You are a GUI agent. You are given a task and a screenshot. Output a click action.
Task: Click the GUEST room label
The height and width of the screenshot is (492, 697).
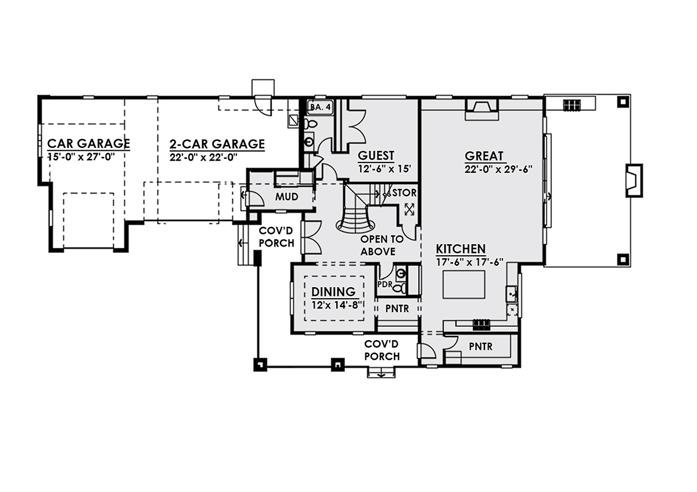376,155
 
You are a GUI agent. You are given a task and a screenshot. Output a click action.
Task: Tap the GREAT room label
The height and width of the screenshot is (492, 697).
484,155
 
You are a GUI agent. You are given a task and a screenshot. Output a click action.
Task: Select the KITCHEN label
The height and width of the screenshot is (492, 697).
461,249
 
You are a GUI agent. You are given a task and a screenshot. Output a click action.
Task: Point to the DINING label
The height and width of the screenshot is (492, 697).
333,291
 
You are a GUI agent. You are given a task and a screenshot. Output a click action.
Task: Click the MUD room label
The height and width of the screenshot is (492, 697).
286,197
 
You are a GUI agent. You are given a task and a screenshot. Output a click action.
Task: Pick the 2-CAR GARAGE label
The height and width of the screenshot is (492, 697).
217,144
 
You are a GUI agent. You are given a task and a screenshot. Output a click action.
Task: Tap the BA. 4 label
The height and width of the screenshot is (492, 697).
320,107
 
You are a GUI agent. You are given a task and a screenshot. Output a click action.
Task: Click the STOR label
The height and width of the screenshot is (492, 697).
404,193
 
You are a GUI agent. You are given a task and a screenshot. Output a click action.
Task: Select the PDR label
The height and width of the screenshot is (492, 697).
385,284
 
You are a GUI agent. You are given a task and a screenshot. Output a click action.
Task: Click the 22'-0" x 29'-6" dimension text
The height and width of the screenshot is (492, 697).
498,169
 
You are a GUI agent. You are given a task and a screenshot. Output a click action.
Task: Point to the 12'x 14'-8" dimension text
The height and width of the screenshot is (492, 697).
337,305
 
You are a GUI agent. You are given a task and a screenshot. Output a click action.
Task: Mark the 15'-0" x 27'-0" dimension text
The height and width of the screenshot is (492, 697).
81,157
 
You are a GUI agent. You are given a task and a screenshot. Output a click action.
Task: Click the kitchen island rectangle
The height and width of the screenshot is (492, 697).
464,284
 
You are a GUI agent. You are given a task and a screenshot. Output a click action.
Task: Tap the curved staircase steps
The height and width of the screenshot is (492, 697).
355,219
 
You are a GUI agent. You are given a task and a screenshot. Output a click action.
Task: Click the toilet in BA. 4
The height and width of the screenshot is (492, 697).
310,124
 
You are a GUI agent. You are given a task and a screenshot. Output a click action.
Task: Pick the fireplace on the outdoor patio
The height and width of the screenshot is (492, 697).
634,180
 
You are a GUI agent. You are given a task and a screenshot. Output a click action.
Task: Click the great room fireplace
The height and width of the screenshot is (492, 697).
482,110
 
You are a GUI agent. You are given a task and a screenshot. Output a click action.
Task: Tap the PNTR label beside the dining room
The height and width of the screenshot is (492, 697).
397,308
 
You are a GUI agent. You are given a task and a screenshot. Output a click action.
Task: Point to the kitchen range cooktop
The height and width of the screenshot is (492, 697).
482,324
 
